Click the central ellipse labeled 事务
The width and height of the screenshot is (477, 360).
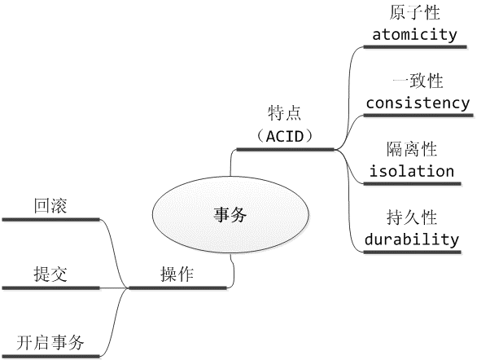click(230, 214)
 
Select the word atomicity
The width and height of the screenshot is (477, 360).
click(414, 34)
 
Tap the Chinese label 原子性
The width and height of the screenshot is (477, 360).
click(414, 13)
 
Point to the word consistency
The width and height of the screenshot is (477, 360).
click(418, 103)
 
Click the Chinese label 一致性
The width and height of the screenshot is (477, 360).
click(418, 81)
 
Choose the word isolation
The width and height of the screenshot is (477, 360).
click(412, 171)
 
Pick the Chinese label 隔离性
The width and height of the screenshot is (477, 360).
click(412, 149)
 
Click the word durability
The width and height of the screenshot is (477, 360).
click(412, 239)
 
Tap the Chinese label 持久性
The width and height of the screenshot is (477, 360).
click(412, 217)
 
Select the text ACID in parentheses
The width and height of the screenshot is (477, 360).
click(285, 137)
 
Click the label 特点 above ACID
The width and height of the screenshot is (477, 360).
click(284, 113)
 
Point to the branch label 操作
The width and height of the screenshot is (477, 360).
click(177, 274)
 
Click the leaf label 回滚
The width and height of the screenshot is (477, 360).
click(50, 206)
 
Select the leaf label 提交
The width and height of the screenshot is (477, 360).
click(50, 274)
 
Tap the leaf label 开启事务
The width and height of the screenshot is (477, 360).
click(50, 342)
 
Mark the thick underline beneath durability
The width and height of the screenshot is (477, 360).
click(412, 252)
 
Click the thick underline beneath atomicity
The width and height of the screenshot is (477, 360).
click(415, 47)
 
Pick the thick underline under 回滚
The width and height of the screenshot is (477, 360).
click(50, 219)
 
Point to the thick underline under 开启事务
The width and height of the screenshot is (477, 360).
click(50, 356)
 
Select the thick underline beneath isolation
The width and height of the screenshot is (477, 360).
click(412, 183)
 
